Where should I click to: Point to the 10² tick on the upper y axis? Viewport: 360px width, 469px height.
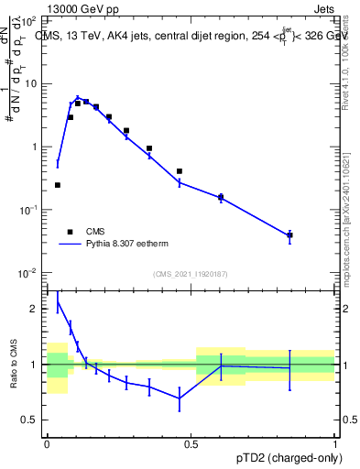[x=31, y=19]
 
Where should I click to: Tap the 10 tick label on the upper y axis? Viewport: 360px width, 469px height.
[x=32, y=83]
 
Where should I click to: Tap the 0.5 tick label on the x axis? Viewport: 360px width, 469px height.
[x=191, y=442]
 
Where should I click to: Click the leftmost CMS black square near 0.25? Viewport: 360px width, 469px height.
[x=58, y=185]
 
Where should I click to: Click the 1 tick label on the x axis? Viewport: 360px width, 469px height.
[x=335, y=442]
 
